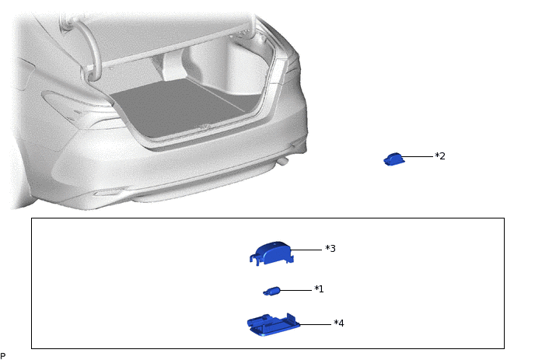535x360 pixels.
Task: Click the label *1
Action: [319, 289]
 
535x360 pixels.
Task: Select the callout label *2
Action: [440, 156]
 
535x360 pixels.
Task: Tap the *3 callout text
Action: [330, 248]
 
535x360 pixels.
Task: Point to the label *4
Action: [339, 323]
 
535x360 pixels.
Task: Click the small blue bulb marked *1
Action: [272, 291]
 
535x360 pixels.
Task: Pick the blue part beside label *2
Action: [394, 159]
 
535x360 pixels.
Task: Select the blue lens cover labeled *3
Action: [272, 253]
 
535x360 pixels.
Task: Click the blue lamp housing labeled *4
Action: [273, 325]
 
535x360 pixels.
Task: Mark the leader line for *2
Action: [417, 156]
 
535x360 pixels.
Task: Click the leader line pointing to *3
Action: [306, 250]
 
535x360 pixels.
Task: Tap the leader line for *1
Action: [295, 290]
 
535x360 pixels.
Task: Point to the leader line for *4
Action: [315, 324]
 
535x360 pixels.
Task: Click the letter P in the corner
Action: [3, 356]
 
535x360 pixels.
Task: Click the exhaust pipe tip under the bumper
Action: [283, 162]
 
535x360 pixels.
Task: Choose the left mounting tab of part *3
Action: [254, 259]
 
